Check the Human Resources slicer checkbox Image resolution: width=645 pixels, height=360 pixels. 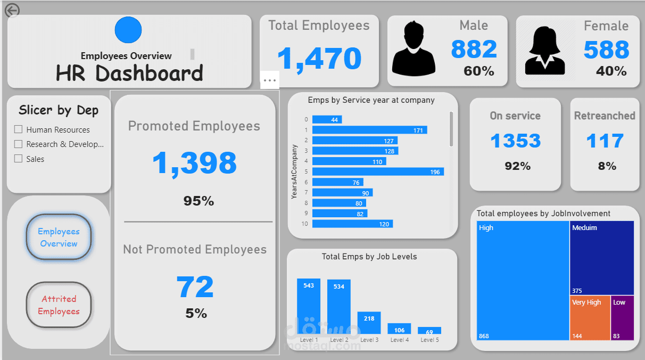19,129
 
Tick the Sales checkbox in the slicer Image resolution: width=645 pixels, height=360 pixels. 19,159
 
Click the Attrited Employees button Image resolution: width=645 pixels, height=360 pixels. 59,305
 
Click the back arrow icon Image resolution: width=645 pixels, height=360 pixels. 12,10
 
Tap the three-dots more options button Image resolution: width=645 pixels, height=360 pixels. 270,80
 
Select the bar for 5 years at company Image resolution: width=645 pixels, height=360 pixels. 378,171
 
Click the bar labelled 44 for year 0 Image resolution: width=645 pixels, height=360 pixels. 327,120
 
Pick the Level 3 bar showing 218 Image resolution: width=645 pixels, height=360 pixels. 369,323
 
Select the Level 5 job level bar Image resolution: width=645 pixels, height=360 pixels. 429,331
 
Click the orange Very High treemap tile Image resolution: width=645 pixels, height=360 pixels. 590,318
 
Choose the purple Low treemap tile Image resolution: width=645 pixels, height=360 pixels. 622,318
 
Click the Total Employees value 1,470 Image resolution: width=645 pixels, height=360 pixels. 319,59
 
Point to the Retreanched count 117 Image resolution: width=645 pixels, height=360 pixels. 605,141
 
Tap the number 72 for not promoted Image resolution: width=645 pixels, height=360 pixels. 195,287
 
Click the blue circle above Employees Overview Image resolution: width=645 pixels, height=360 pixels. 128,30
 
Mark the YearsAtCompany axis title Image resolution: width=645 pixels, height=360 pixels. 294,171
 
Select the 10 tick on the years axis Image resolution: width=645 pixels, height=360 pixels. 305,224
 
